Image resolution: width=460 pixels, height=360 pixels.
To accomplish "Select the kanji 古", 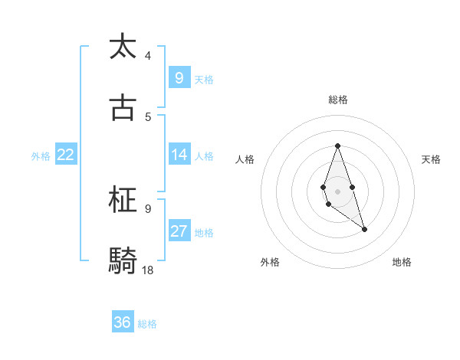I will tap(123, 108).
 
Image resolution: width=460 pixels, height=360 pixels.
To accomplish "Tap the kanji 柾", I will tap(123, 201).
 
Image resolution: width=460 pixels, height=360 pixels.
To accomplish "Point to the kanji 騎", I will tap(123, 261).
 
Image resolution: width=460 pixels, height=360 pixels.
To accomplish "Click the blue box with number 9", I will tap(179, 77).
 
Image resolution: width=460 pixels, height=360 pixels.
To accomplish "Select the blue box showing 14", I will tap(179, 155).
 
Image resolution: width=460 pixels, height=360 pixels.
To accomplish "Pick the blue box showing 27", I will tap(179, 231).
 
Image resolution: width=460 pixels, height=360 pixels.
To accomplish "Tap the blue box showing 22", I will tap(66, 155).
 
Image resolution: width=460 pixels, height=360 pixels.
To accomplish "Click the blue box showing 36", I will tap(123, 322).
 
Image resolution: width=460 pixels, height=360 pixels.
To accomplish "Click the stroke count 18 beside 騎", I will tap(148, 270).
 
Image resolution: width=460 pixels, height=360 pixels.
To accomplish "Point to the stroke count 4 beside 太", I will tap(148, 55).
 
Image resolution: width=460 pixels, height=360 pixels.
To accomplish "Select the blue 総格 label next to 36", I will tap(147, 324).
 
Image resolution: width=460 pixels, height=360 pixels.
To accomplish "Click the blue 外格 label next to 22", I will tap(41, 156).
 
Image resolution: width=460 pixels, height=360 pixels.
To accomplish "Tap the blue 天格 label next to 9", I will tap(204, 79).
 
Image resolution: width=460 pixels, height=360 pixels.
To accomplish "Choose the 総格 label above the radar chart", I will tap(338, 100).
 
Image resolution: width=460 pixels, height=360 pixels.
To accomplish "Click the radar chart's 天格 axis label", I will tap(432, 159).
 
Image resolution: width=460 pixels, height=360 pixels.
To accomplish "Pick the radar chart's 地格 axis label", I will tap(402, 262).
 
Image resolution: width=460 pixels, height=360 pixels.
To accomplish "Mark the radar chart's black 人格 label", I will tap(245, 159).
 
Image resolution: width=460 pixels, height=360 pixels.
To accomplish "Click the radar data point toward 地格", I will tap(364, 229).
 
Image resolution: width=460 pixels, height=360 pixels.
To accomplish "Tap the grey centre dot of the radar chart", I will tap(337, 190).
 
